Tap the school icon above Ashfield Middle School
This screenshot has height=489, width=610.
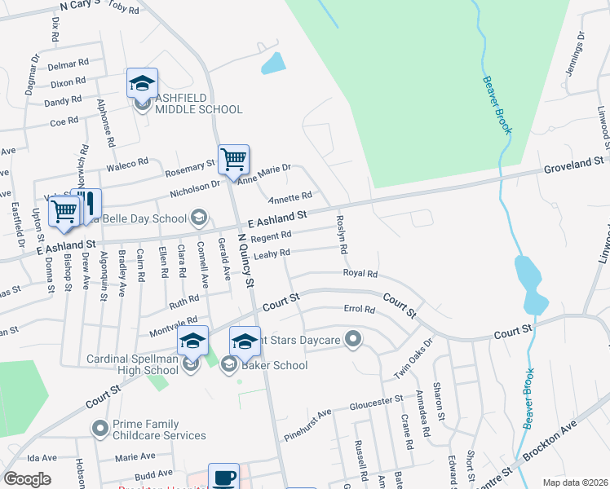pos(142,84)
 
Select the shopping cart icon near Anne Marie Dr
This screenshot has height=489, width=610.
pos(233,159)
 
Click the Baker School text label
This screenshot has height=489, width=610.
pos(275,365)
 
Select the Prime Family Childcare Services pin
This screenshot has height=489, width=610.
pos(99,428)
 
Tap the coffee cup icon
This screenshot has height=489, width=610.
pos(223,478)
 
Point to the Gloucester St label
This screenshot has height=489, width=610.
pos(377,401)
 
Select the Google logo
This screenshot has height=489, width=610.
pos(28,479)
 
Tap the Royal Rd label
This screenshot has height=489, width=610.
pos(360,274)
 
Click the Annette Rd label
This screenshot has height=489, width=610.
pos(291,196)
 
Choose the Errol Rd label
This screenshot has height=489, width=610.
pos(359,310)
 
